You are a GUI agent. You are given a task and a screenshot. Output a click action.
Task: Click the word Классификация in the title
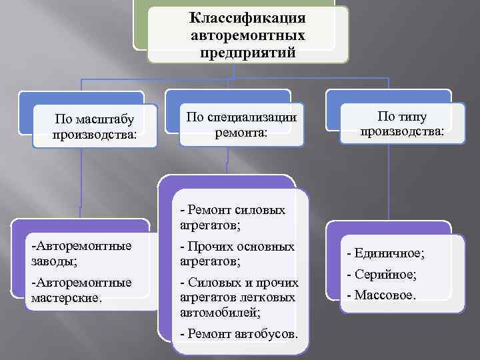pyautogui.click(x=247, y=17)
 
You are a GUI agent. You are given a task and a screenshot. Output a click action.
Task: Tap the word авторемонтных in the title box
pyautogui.click(x=247, y=35)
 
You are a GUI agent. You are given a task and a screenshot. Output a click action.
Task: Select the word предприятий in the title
pyautogui.click(x=247, y=52)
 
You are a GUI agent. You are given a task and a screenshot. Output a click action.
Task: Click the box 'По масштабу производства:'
pyautogui.click(x=95, y=127)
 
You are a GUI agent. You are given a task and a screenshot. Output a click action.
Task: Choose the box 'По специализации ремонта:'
pyautogui.click(x=241, y=125)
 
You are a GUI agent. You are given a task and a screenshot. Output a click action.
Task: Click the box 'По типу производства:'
pyautogui.click(x=402, y=123)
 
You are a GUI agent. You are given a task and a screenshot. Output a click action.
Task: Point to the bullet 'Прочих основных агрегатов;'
pyautogui.click(x=237, y=253)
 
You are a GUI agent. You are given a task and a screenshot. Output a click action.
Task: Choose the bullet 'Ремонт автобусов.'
pyautogui.click(x=240, y=333)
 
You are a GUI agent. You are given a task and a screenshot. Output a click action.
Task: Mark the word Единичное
pyautogui.click(x=393, y=253)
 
